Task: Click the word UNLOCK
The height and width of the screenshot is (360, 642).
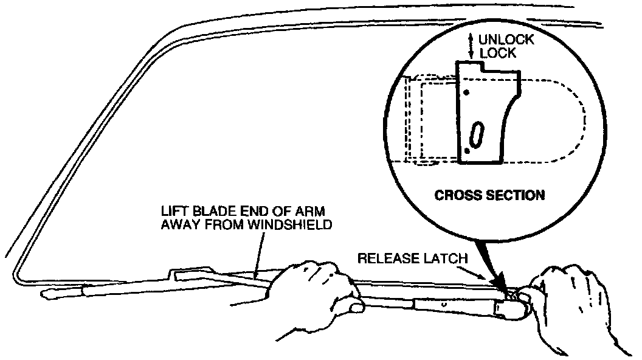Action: click(506, 40)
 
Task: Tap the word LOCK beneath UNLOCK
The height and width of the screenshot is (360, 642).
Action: click(498, 53)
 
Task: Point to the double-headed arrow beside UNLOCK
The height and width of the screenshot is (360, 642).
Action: click(471, 46)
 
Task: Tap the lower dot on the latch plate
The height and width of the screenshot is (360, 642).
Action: click(466, 150)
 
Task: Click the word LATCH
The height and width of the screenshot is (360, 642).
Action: click(448, 258)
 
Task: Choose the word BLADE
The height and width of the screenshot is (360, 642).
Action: click(212, 211)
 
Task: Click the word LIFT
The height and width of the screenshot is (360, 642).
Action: click(173, 211)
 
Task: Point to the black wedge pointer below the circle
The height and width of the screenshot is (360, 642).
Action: click(495, 268)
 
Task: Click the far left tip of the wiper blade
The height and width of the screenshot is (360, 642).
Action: click(44, 296)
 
